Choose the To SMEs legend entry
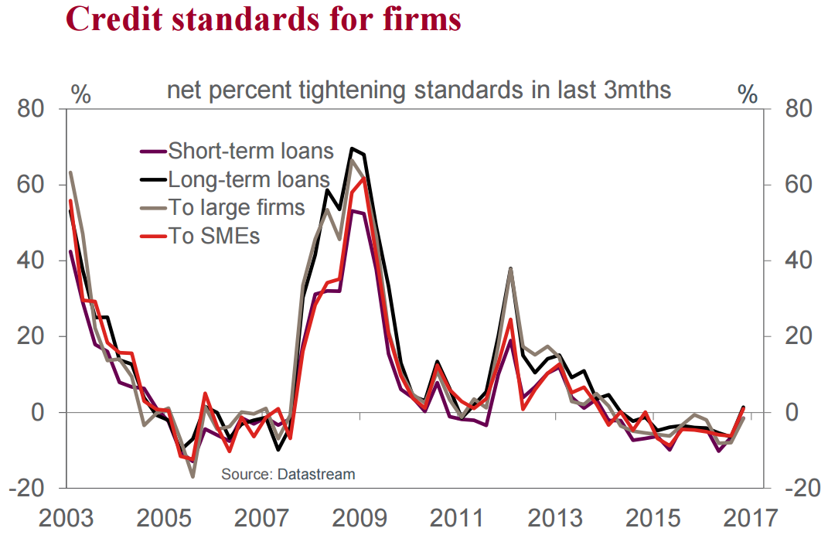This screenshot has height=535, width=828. point(214,236)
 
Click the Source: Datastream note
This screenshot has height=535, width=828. point(288,473)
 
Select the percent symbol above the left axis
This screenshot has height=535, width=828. point(80,94)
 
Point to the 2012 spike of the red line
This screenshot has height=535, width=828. point(510,319)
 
